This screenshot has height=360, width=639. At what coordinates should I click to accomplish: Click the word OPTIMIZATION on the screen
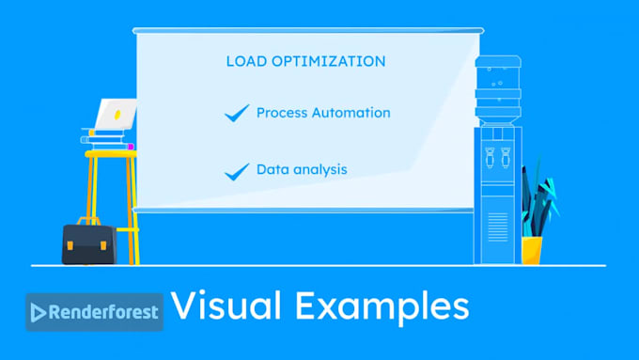coord(324,62)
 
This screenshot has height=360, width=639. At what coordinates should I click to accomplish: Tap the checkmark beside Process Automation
coord(236,114)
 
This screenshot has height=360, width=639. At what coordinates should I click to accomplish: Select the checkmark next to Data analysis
coord(236,171)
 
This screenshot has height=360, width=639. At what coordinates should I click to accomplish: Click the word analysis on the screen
coord(319,170)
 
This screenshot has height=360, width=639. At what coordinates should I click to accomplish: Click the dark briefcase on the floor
coord(88,244)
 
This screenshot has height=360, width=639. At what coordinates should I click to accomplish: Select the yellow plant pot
coord(532,250)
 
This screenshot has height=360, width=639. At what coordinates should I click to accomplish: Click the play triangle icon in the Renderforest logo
coord(39,312)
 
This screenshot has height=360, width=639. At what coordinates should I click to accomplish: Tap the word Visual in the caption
coord(228,307)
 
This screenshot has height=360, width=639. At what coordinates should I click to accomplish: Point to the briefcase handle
coord(89,221)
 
